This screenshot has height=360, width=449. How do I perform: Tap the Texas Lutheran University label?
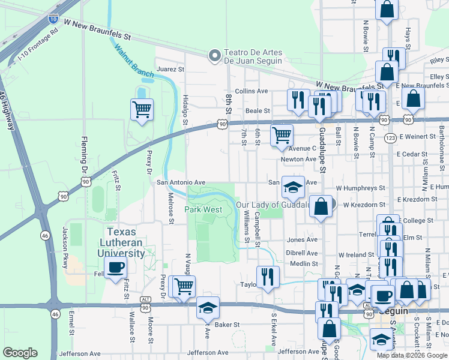(x=126, y=242)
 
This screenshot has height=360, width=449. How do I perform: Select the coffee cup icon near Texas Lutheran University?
(x=115, y=268)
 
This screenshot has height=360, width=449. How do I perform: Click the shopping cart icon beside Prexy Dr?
(x=142, y=109)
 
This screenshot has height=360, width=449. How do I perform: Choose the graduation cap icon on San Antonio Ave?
(x=293, y=187)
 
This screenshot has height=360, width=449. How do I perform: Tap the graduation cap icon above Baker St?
(x=208, y=308)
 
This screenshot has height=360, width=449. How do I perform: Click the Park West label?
(x=203, y=210)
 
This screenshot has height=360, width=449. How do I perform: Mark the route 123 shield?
(x=390, y=137)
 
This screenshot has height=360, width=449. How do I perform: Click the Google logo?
(x=20, y=353)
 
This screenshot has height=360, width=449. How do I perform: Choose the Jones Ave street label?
(x=302, y=239)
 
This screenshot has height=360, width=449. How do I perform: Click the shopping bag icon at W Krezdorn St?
(x=322, y=206)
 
